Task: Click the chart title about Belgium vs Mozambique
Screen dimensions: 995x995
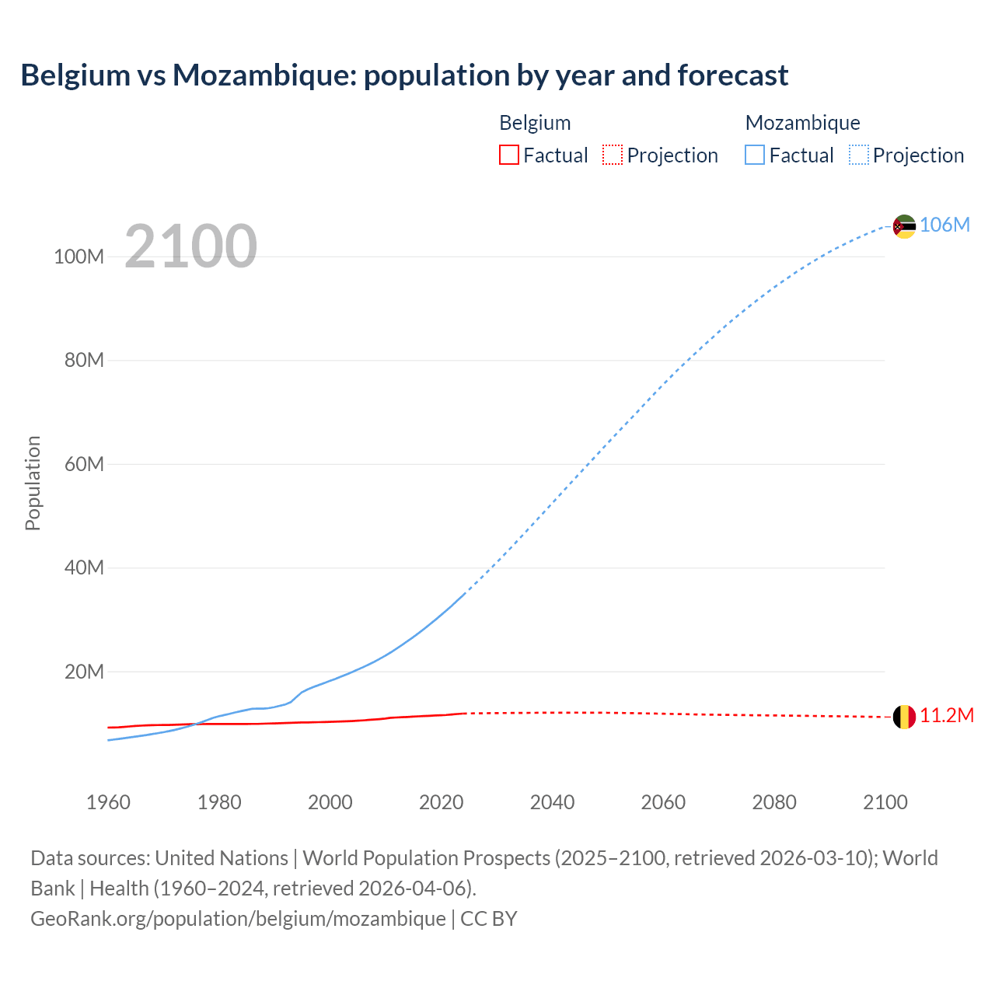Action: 404,75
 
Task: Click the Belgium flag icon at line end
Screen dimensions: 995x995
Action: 903,717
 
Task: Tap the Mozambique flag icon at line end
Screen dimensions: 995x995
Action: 903,226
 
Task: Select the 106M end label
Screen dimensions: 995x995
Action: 944,225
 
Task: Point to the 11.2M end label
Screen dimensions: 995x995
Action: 946,716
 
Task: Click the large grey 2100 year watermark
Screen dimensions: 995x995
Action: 190,246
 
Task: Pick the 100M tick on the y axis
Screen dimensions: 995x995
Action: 79,257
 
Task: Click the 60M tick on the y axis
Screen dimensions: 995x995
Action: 84,465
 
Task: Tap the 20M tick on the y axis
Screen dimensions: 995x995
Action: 84,672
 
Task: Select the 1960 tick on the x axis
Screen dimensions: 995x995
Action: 108,803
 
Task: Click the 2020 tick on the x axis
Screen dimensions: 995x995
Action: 441,803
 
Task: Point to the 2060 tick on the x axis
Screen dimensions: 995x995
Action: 663,803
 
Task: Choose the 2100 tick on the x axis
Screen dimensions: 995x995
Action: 885,803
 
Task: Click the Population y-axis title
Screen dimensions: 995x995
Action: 33,483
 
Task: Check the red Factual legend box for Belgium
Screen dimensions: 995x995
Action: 508,155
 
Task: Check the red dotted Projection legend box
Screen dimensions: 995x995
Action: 613,155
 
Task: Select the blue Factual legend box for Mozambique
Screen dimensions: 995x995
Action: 754,155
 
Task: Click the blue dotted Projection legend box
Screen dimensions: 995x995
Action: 858,155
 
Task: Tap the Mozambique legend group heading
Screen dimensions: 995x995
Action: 802,123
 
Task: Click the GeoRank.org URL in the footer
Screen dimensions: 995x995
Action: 238,919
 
